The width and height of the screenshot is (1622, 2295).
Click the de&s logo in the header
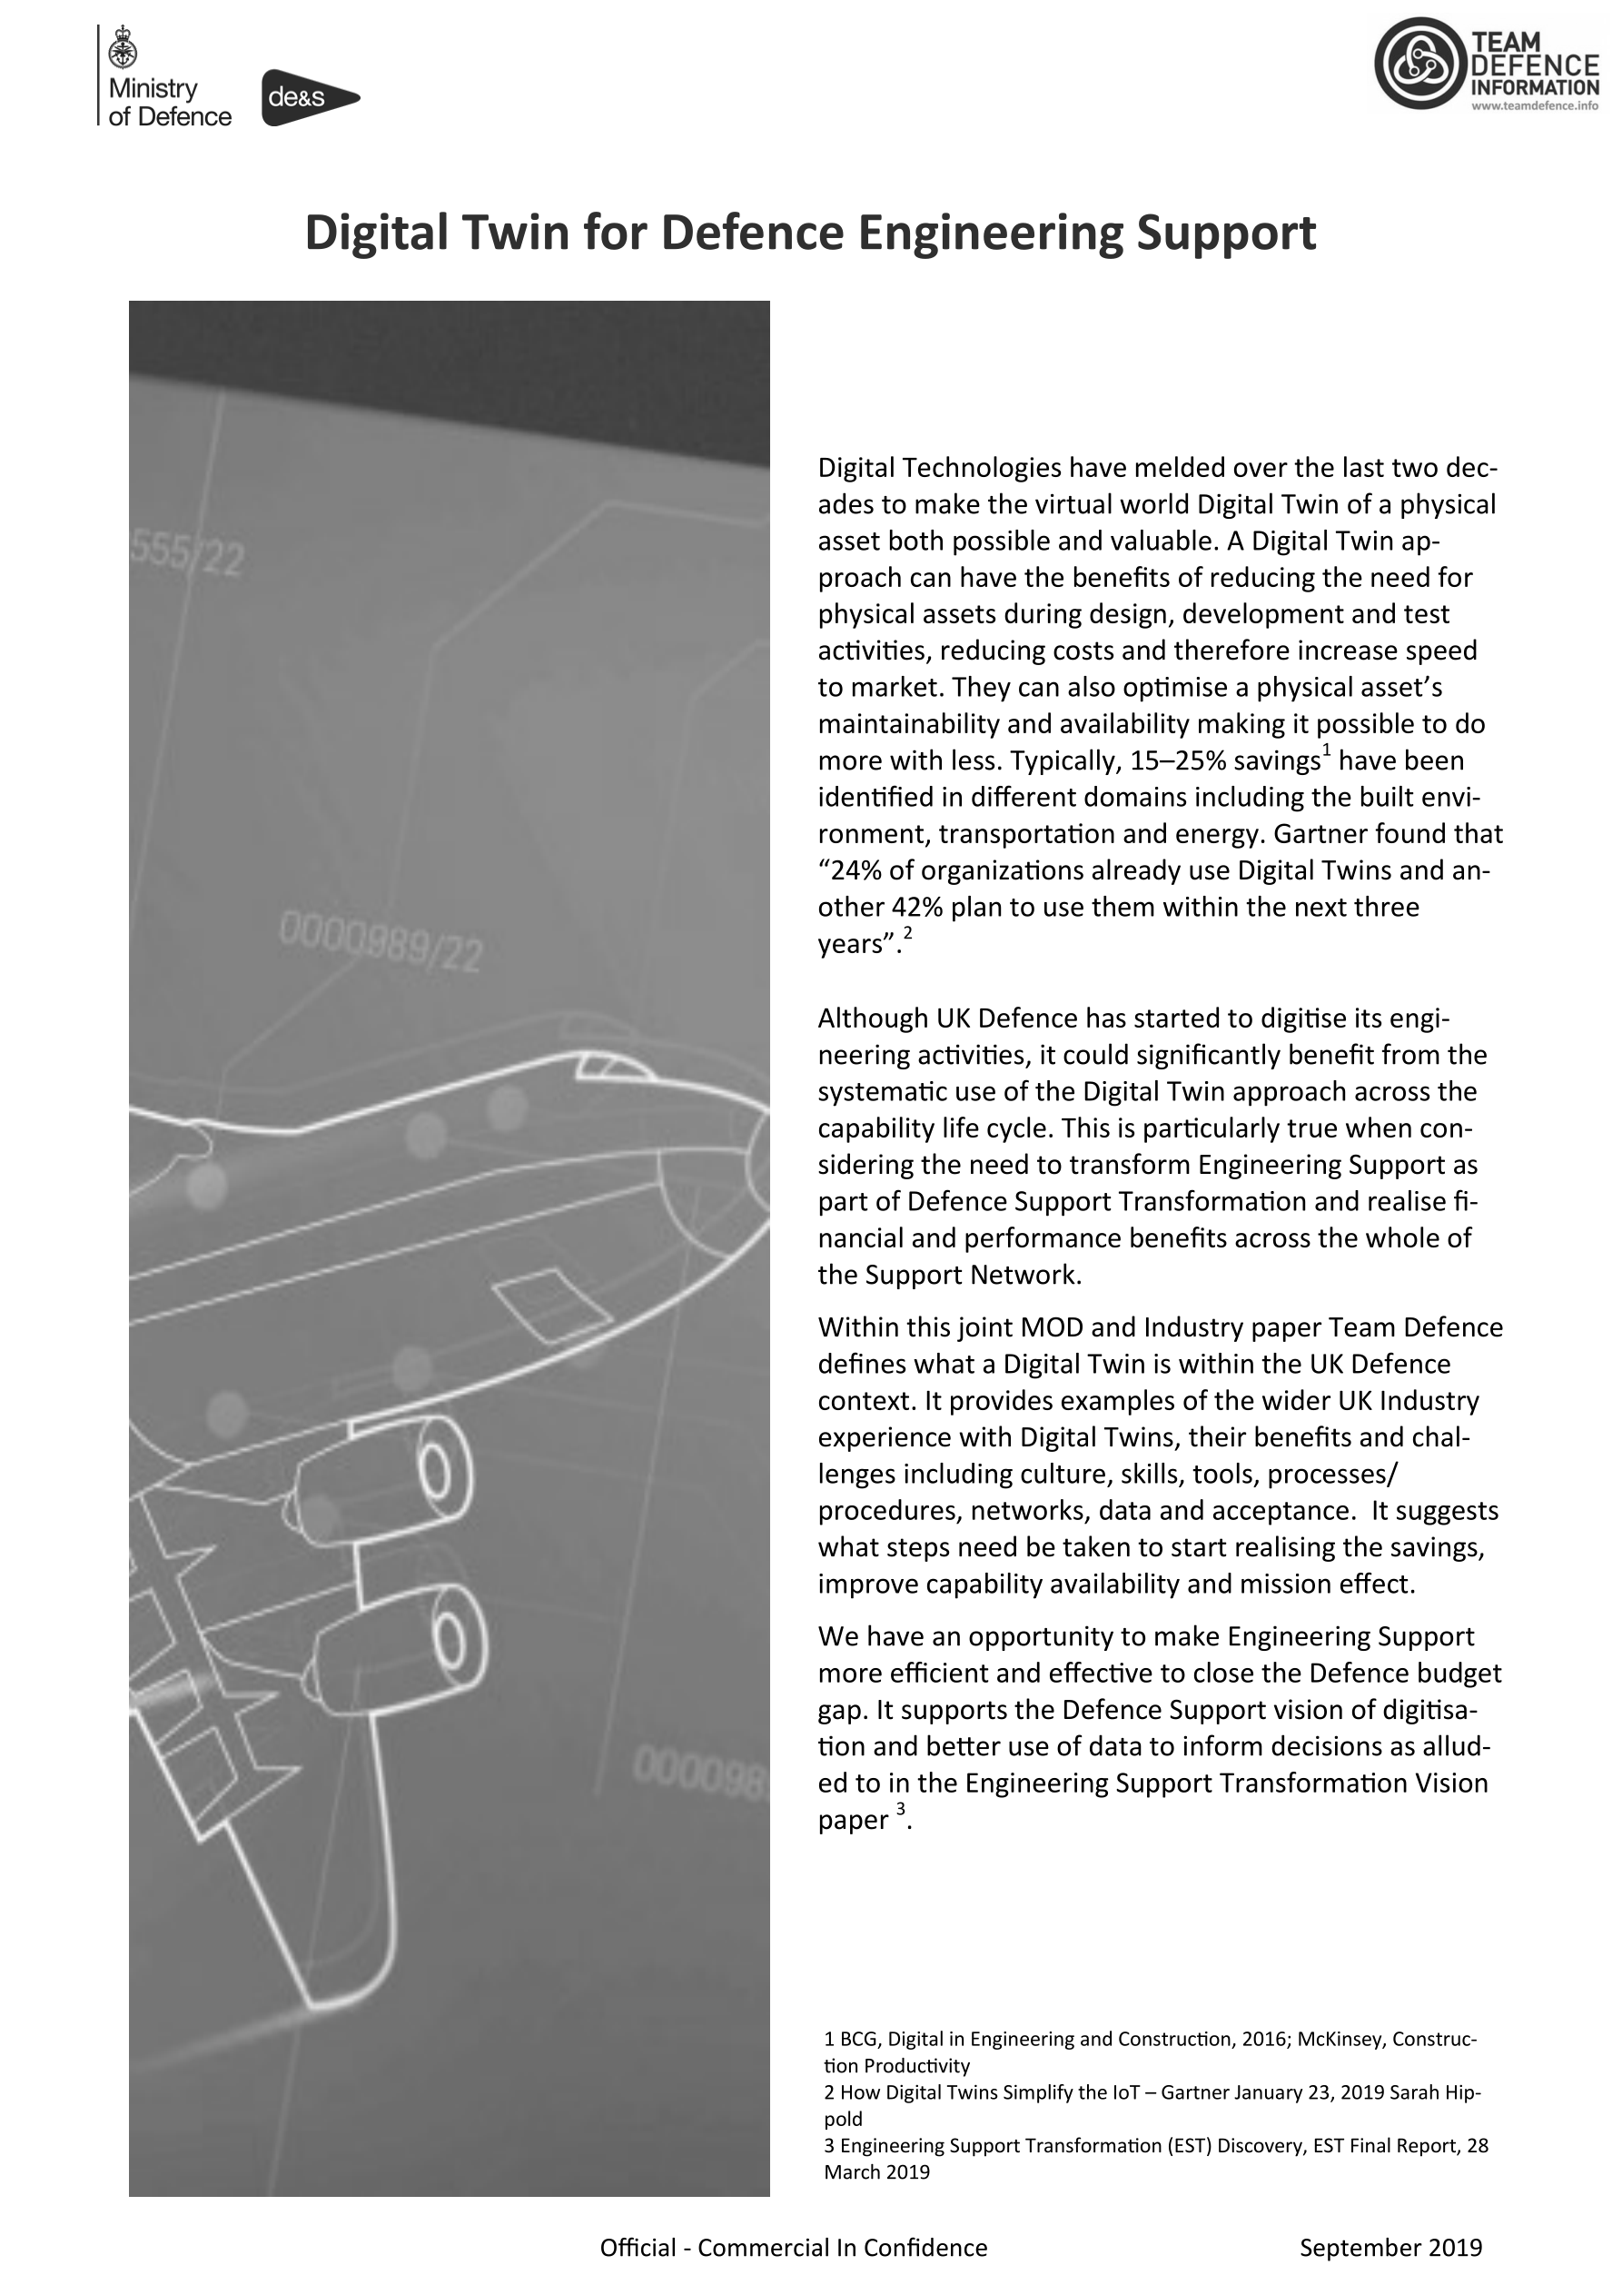308,98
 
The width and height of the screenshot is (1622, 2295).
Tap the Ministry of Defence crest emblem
125,46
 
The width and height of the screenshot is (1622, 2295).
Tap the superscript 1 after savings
1326,750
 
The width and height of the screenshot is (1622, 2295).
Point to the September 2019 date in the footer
1390,2248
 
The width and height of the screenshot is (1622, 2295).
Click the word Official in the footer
638,2248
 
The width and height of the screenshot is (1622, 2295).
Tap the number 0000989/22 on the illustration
380,945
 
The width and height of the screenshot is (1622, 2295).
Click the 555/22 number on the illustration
187,556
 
